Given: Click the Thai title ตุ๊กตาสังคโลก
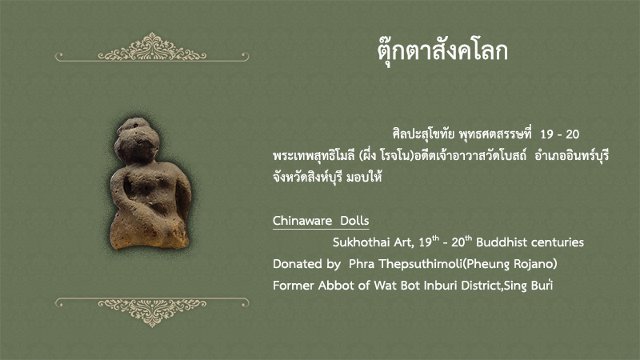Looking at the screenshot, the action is (442, 52).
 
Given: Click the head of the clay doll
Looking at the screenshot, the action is (137, 144).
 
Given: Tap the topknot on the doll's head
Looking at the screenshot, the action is (134, 124).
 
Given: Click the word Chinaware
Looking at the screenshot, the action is (302, 221).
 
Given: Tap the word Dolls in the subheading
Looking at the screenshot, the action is (354, 221).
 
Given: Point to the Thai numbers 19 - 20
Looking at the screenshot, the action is (559, 134).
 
